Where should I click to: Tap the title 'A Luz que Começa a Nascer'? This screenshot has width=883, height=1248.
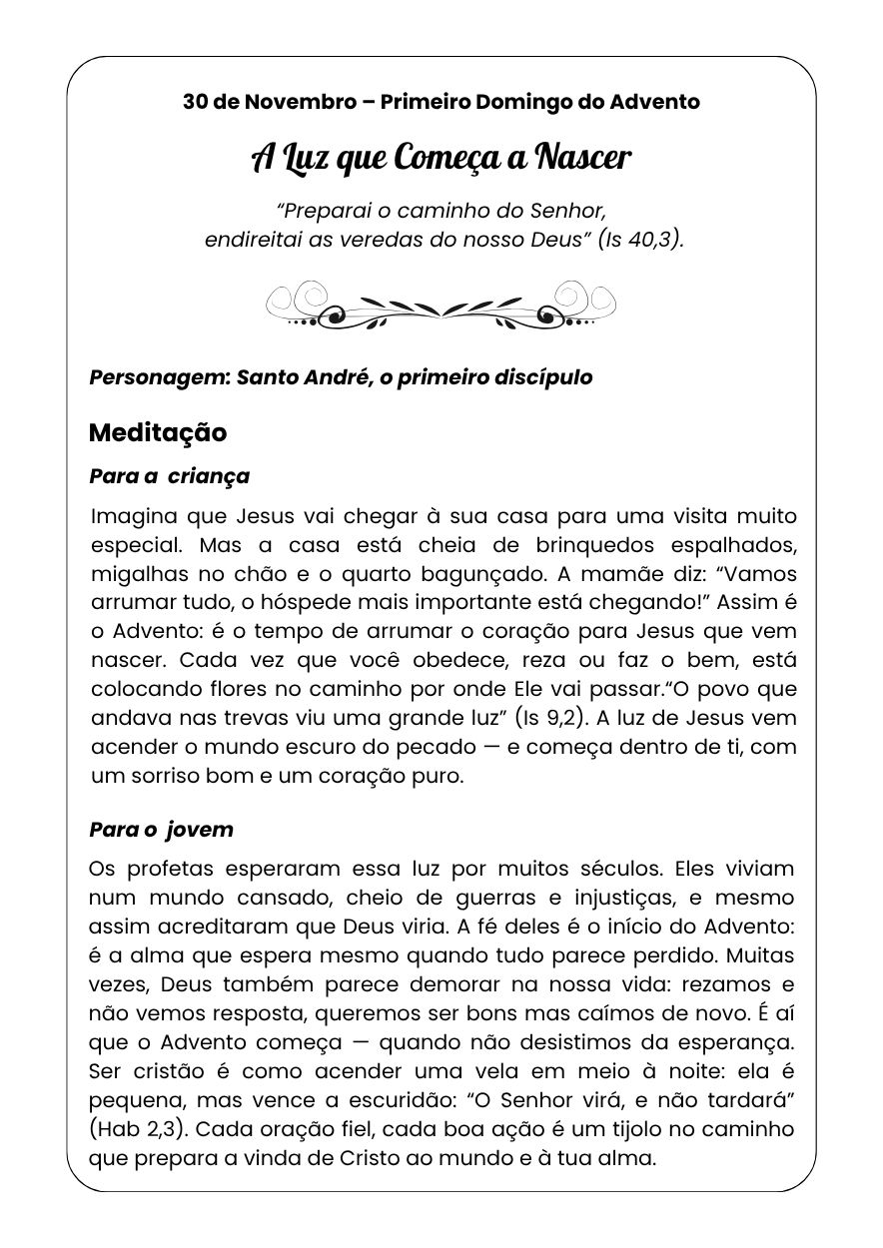441,158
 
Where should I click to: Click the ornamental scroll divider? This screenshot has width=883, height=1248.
441,304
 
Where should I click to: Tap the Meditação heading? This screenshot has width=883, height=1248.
158,432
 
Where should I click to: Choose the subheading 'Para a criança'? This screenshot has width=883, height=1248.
169,476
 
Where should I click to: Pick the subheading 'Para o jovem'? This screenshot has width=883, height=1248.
161,830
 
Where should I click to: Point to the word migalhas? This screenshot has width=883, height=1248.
136,574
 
